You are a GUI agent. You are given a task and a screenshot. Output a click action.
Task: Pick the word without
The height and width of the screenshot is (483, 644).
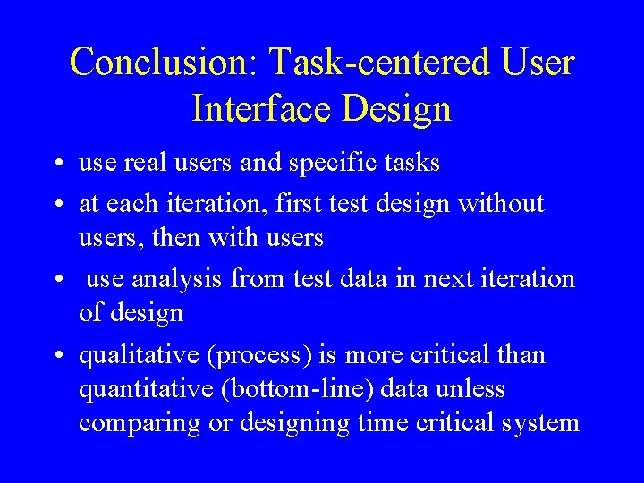[x=501, y=204]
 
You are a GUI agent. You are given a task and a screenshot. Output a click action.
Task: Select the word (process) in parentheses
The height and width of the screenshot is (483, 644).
[x=260, y=356]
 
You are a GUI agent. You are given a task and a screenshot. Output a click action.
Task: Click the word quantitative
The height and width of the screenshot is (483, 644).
[x=139, y=390]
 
